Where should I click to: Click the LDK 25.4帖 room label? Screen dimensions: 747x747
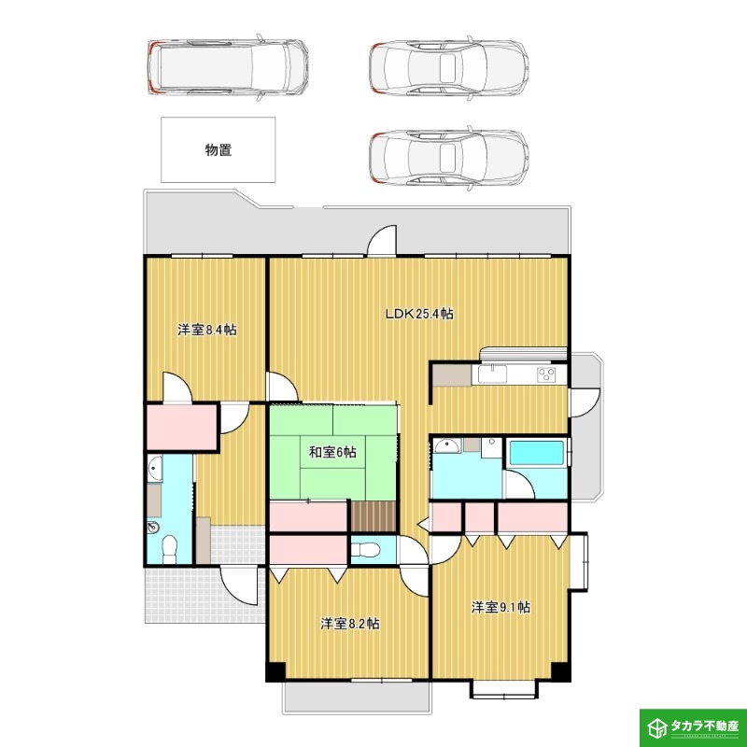pos(418,314)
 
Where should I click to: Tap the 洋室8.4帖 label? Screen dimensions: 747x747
pos(207,330)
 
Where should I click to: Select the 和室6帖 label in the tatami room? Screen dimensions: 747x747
pos(332,452)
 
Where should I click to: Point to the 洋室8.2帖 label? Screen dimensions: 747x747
pos(349,624)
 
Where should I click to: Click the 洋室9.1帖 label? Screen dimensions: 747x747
pos(500,607)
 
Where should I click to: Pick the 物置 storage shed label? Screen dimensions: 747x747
pos(218,150)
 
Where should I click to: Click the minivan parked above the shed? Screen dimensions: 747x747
pos(228,66)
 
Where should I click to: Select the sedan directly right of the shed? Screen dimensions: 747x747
pos(449,157)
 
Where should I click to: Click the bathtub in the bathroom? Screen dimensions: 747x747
pos(537,452)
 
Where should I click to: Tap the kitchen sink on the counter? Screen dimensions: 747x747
pos(493,374)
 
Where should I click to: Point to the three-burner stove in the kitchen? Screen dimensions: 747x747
pos(546,374)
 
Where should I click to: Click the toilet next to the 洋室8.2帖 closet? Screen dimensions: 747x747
pos(365,550)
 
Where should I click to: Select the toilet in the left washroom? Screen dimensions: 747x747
pos(169,550)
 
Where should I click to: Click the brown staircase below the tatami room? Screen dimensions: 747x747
pos(374,516)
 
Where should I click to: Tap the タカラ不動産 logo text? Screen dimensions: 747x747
pos(704,726)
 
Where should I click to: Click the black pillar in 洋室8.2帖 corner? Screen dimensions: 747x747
pos(275,672)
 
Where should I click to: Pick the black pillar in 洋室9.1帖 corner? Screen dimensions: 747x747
pos(561,672)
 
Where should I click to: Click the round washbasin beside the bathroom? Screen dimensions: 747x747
pos(447,446)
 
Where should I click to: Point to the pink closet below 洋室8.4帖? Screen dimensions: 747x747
pos(181,427)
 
